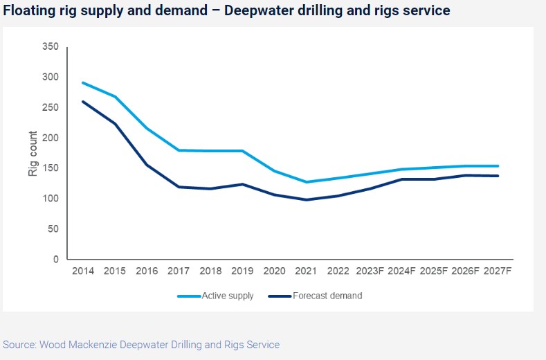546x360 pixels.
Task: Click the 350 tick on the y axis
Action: tap(50, 46)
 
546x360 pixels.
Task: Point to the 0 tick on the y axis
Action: tap(55, 260)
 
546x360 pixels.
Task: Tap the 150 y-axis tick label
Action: tap(50, 168)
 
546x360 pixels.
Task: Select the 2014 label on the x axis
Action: tap(84, 271)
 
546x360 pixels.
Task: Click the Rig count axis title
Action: tap(33, 153)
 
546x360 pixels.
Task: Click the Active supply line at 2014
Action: tap(83, 82)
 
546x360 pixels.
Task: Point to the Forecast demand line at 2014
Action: tap(83, 102)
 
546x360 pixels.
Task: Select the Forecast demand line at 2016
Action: tap(147, 165)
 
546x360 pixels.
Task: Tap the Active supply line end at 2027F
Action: tap(498, 166)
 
